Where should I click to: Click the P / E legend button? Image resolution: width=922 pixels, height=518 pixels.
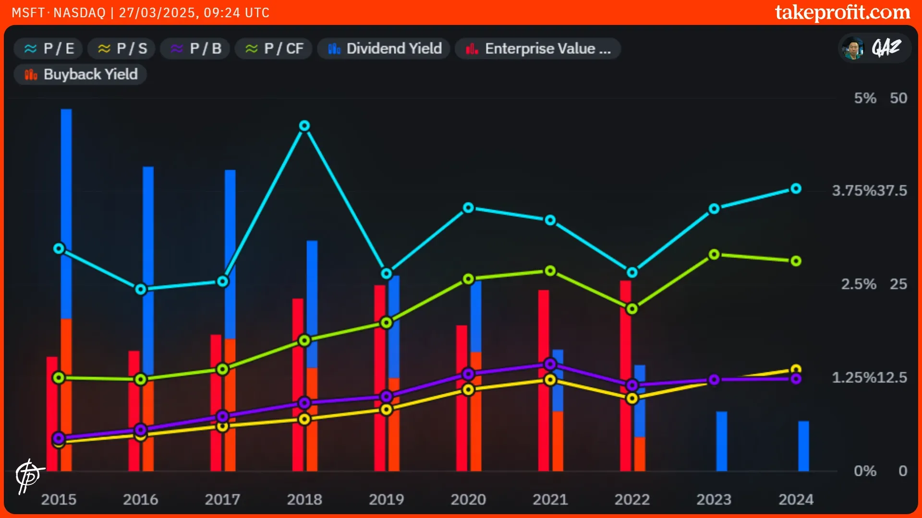coord(49,48)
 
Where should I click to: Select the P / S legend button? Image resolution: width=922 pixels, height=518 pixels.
coord(121,48)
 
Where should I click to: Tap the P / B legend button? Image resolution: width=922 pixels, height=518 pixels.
coord(195,48)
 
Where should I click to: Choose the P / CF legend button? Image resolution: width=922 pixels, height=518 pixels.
coord(274,48)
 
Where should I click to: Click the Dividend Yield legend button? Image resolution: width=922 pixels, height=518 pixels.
coord(384,48)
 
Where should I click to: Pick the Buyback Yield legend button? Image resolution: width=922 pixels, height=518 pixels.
coord(80,74)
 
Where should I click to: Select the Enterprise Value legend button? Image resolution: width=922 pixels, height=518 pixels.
coord(538,48)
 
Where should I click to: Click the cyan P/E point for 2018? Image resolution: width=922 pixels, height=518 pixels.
coord(304,126)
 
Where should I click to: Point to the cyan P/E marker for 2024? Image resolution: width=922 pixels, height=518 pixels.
coord(796,188)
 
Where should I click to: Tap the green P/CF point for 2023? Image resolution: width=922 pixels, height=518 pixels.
coord(714,254)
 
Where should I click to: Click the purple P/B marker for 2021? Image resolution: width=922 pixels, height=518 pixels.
coord(550,364)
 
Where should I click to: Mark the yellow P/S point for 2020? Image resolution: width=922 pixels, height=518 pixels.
coord(468,389)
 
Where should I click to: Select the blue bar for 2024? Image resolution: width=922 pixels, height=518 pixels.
coord(803,446)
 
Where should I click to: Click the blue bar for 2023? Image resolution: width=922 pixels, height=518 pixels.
coord(721,441)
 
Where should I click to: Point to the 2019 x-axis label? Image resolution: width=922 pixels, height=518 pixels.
coord(386,499)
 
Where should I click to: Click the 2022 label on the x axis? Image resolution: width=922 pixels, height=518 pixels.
coord(632,499)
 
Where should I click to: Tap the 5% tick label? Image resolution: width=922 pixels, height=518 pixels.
coord(865,98)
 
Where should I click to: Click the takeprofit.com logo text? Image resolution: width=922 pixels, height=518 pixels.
coord(842,12)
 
